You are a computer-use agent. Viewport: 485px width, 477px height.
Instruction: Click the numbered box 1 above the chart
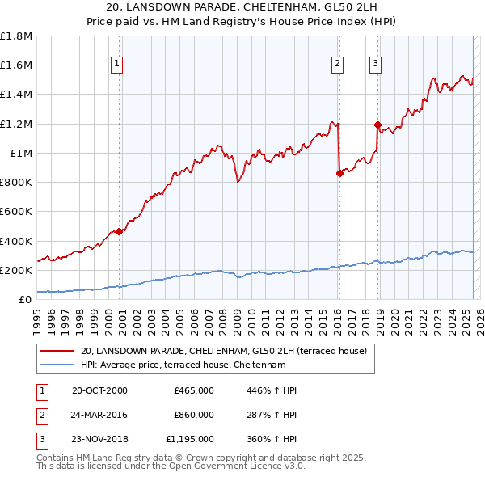point(117,64)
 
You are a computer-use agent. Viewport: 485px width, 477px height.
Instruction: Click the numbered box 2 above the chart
point(337,64)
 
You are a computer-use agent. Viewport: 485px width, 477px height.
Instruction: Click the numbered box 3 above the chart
point(376,64)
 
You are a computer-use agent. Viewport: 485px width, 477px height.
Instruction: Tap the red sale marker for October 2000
point(119,231)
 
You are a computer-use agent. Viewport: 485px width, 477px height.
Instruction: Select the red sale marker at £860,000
point(339,173)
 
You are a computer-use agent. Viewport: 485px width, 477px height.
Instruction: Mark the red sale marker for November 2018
point(377,124)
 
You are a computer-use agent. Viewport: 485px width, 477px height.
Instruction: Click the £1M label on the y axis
point(21,154)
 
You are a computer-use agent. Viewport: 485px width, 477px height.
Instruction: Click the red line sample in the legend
point(57,351)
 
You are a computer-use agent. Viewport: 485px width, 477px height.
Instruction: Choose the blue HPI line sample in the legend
point(57,365)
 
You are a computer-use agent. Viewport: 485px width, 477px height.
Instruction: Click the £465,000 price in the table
point(194,390)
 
